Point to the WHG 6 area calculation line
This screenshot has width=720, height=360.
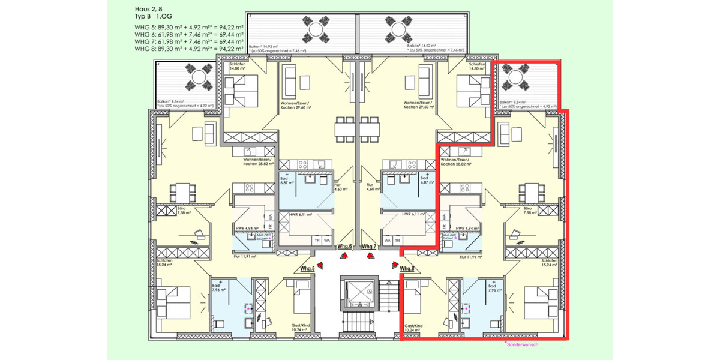point(188,34)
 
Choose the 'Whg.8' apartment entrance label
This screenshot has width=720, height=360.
point(407,268)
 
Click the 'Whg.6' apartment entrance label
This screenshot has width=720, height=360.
point(344,247)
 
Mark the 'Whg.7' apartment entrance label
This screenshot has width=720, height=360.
point(369,247)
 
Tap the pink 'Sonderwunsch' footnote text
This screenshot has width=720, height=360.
point(523,344)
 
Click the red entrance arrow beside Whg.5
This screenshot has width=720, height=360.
point(322,264)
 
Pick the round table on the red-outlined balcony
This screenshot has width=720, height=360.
point(515,76)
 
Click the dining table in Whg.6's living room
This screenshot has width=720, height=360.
point(359,128)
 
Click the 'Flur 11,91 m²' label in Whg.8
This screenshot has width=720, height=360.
point(471,256)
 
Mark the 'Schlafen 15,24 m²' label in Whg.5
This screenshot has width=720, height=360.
point(165,263)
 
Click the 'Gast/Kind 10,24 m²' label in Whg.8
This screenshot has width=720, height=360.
point(413,328)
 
